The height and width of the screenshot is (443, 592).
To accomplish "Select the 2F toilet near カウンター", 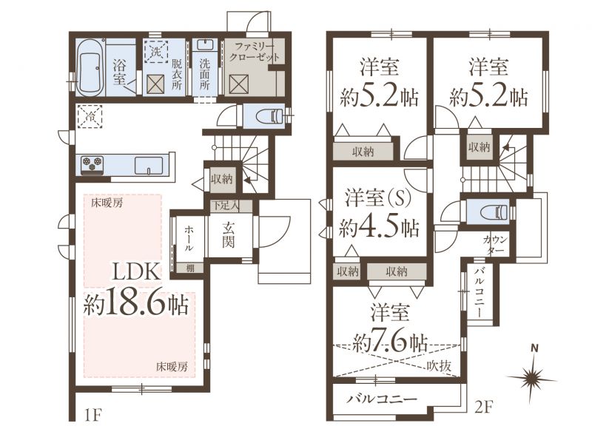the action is [x=494, y=212].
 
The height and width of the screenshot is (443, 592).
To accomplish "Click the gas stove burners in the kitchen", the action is [x=92, y=164].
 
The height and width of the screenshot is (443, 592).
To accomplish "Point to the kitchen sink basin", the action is [x=149, y=165].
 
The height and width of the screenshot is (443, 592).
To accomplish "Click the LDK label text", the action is [x=138, y=271].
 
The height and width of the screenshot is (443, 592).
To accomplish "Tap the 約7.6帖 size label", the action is [x=390, y=342].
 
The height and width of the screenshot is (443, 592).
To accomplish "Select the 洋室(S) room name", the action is [x=377, y=199].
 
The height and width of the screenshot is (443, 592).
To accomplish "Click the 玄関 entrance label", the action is [x=228, y=234].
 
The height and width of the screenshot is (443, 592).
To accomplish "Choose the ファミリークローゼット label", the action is [x=255, y=52].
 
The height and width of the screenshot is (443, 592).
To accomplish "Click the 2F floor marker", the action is [x=484, y=407].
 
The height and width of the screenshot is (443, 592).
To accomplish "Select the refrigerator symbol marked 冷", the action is [x=90, y=116].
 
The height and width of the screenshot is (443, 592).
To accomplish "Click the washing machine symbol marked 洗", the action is [x=155, y=51].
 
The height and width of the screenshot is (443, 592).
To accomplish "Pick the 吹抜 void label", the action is [x=439, y=365].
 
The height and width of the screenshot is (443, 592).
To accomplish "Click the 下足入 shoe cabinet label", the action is [x=225, y=206].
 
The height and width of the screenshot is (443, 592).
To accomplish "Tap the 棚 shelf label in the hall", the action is [x=191, y=268].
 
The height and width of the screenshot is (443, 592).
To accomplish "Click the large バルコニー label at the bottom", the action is [x=382, y=399].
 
